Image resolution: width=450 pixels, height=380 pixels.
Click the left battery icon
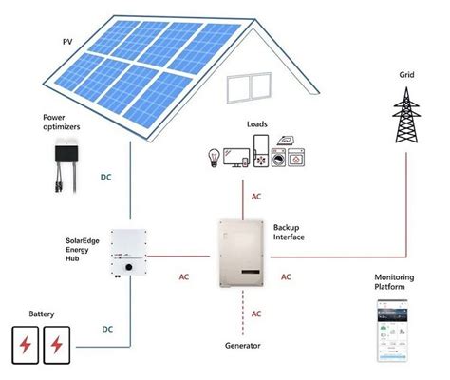[26, 343]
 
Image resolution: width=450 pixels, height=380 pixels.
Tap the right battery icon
[60, 343]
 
